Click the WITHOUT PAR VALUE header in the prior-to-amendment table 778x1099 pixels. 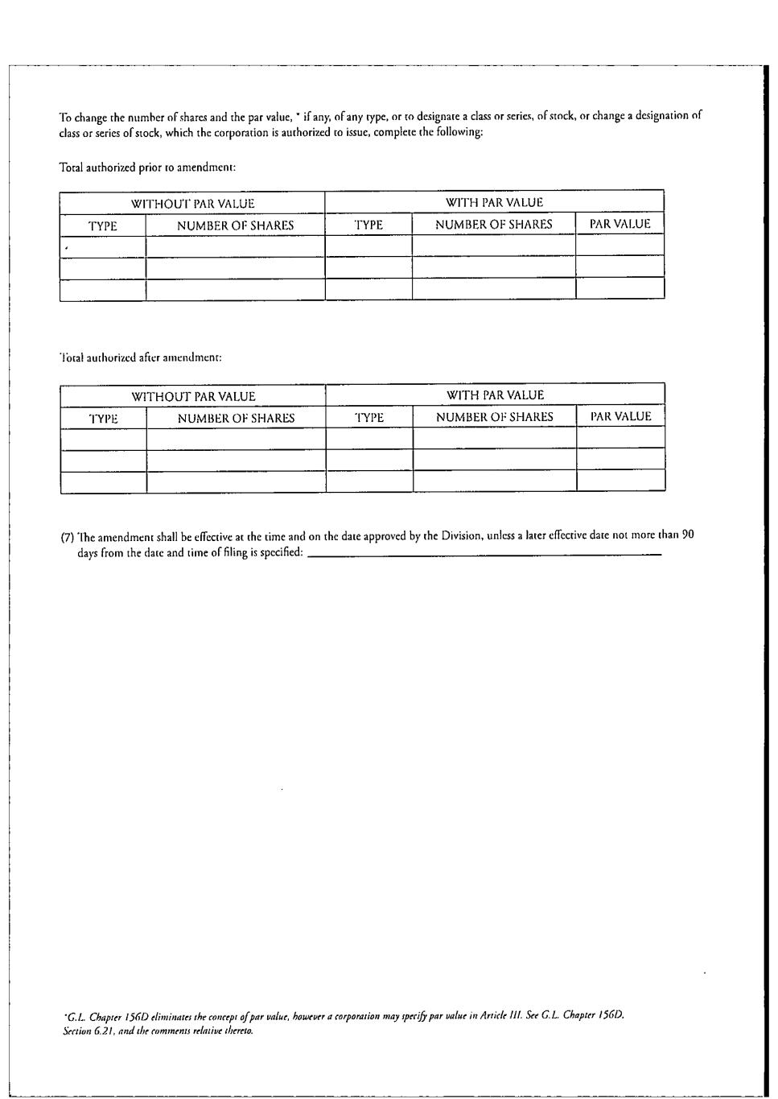coord(192,204)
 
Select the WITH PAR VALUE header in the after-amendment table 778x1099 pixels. coord(495,395)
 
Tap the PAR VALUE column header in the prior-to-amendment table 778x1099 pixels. coord(620,224)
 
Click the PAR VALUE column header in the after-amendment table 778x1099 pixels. coord(620,416)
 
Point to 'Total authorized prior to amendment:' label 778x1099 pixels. coord(147,167)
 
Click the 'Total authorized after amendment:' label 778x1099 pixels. coord(141,357)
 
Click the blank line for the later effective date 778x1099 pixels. coord(484,554)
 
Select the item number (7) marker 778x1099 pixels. coord(68,537)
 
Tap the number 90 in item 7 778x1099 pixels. coord(687,534)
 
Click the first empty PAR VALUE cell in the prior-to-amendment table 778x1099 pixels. coord(620,245)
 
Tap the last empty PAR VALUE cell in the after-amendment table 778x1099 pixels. coord(620,481)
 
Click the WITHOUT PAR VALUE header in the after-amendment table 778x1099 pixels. coord(193,396)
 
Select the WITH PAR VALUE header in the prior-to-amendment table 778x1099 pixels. coord(494,203)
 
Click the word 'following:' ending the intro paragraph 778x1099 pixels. coord(461,133)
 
